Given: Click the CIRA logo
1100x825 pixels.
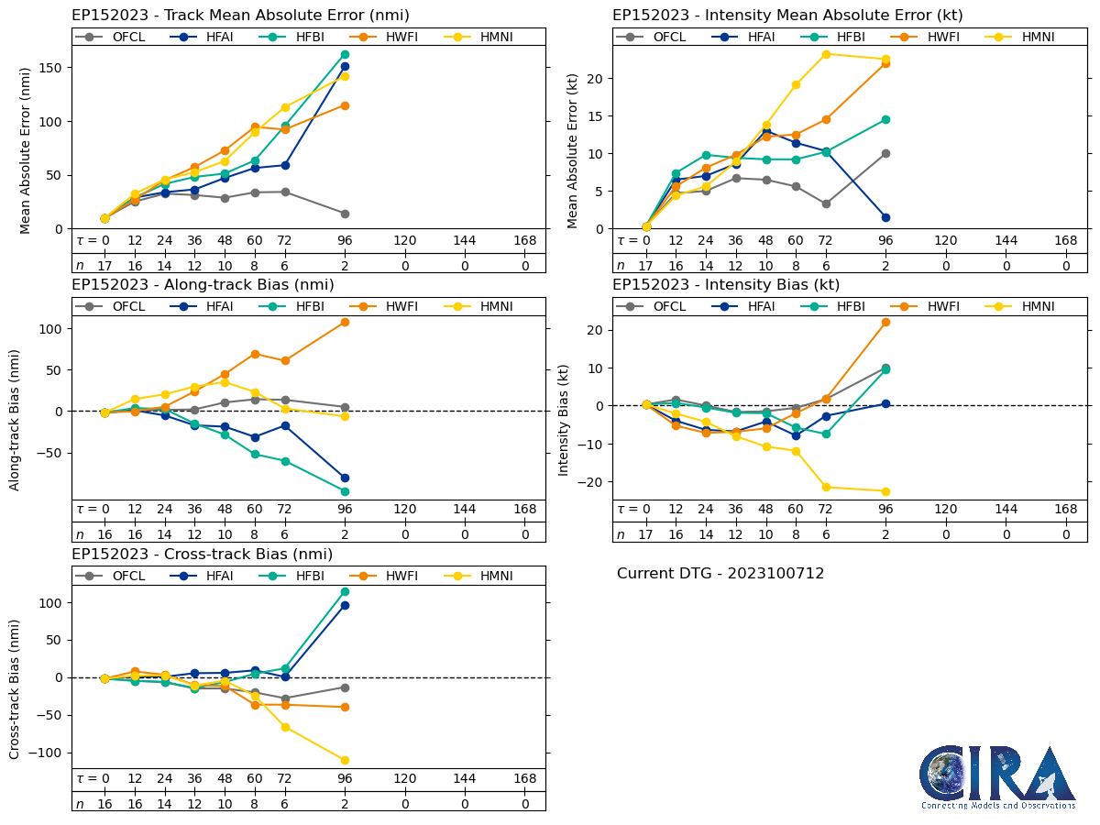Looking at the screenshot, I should pos(997,777).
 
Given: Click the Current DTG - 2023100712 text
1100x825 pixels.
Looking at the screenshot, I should pos(720,574).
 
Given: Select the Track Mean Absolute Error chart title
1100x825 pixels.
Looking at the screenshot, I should pos(240,15).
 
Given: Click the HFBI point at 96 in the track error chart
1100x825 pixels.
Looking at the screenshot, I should pos(345,54).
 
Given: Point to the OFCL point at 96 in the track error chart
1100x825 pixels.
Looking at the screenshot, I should pos(345,214).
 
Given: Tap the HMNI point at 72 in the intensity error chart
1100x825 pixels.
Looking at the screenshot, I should pos(826,54).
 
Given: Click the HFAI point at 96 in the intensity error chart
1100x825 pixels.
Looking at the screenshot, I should pos(885,217).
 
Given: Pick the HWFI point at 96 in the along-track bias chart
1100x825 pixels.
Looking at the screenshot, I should pos(345,322).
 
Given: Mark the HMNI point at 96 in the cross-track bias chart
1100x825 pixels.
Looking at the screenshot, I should pos(345,760).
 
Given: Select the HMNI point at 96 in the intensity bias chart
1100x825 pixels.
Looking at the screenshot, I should pos(885,491).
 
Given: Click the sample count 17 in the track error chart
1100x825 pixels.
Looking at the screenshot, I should pos(104,265).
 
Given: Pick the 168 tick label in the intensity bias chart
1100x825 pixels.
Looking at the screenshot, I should pos(1066,510).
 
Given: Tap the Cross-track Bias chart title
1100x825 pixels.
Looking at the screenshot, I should pos(202,554).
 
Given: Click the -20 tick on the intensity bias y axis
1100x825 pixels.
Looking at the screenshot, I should pos(596,481).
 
